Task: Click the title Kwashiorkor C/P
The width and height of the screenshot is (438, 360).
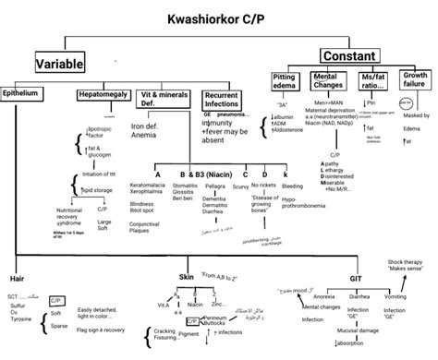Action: [x=219, y=18]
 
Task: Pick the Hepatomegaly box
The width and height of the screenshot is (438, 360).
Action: [x=102, y=94]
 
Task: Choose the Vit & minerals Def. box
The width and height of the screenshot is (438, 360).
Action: [x=164, y=99]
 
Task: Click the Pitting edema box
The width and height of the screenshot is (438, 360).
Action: [x=288, y=82]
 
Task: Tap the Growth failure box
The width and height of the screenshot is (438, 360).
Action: [x=416, y=82]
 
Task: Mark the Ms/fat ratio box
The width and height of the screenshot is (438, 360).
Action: [x=374, y=82]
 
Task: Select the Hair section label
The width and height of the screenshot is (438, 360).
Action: [x=16, y=277]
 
